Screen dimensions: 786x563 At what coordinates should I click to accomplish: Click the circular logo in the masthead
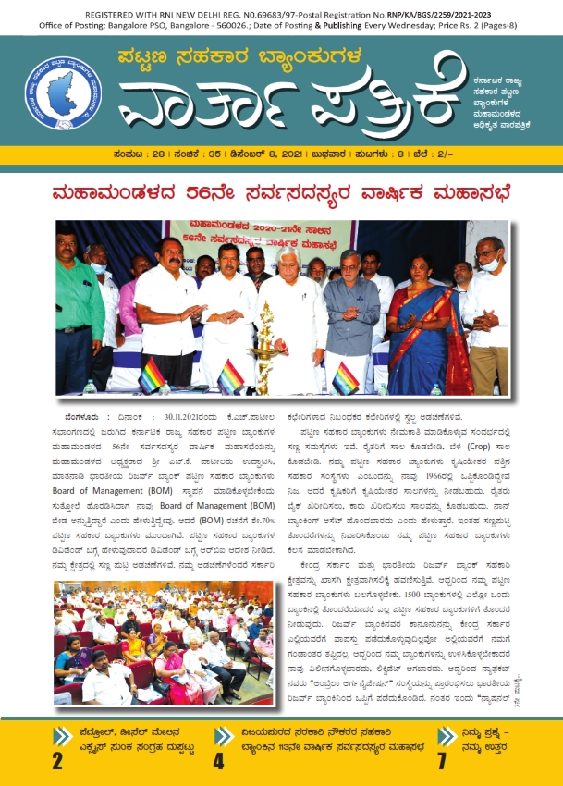click(64, 93)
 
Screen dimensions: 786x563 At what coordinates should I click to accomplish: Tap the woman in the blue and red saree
click(423, 313)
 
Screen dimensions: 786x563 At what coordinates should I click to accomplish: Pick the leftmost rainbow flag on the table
click(152, 377)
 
